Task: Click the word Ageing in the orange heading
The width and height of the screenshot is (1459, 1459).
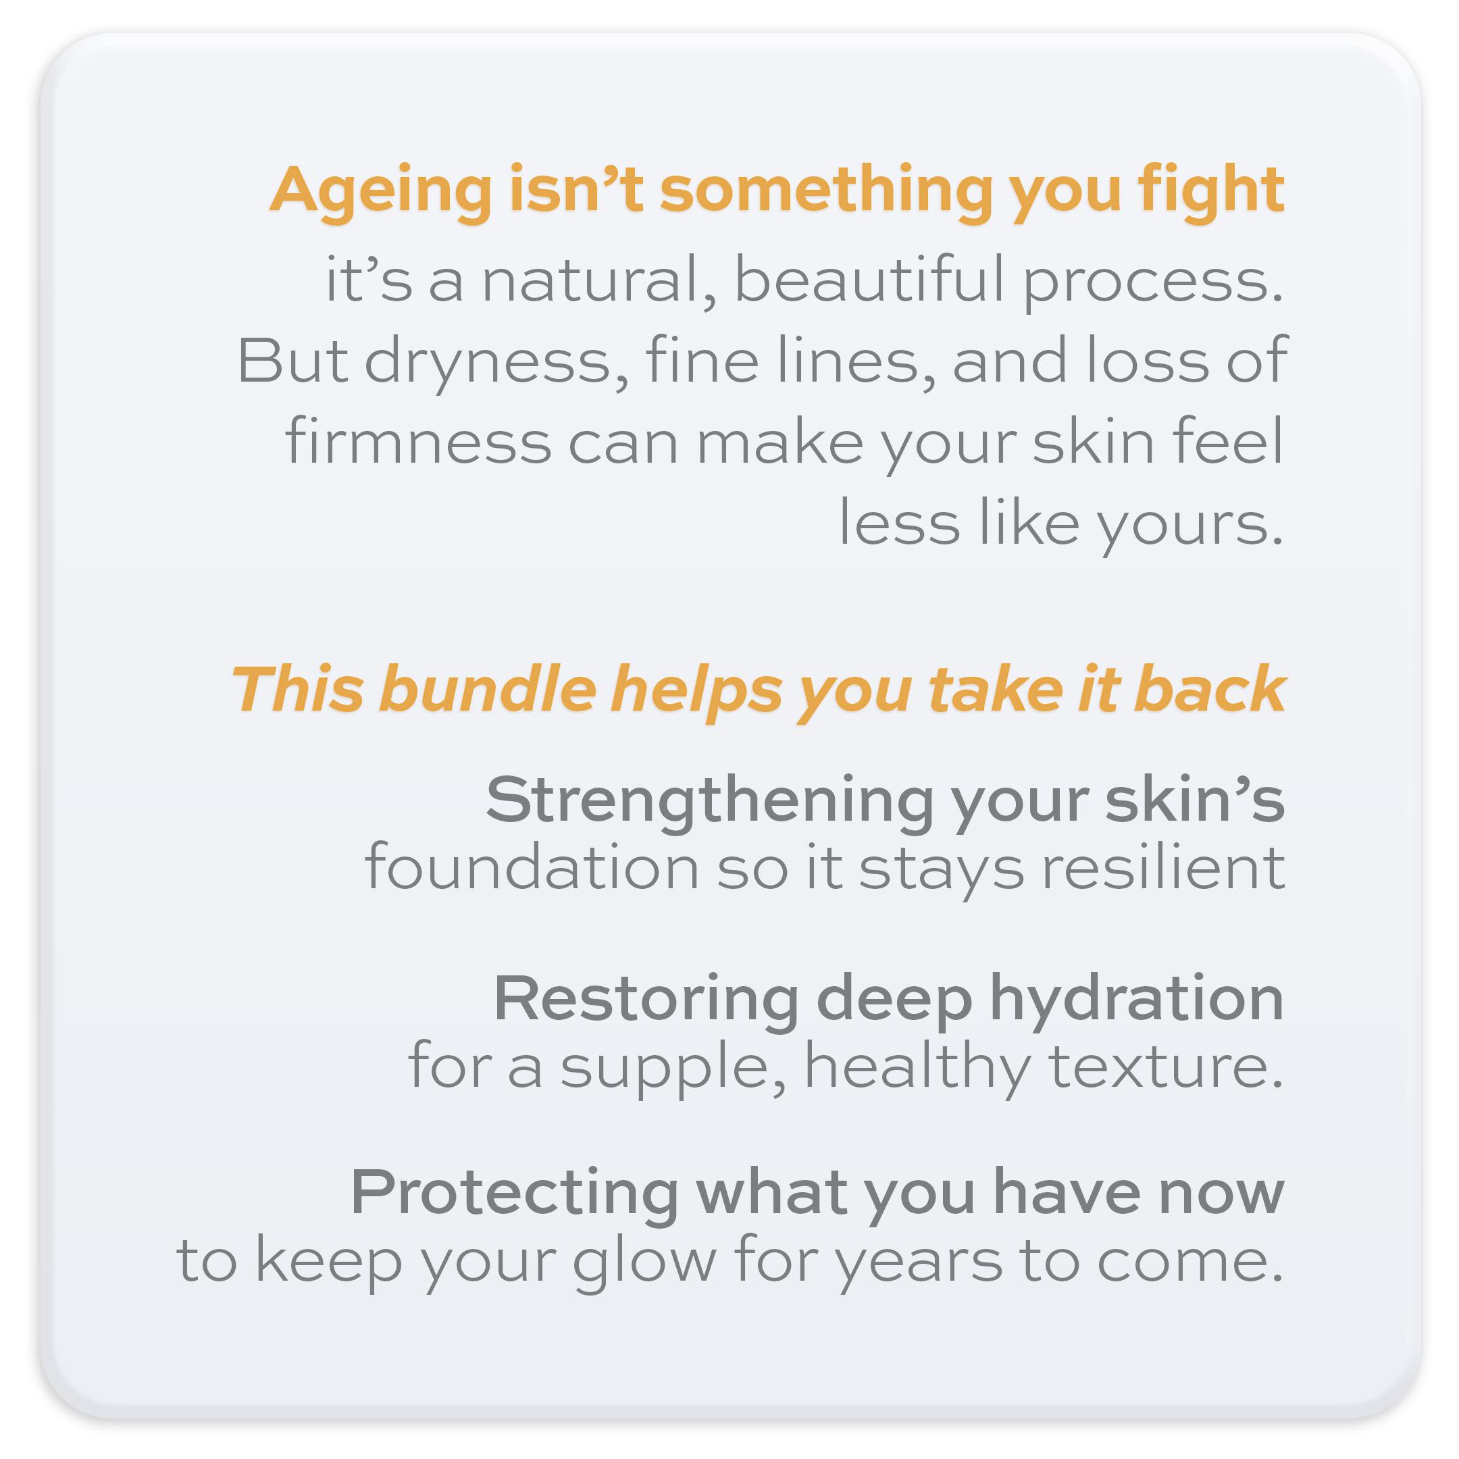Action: click(382, 193)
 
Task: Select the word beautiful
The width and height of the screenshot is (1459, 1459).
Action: click(869, 280)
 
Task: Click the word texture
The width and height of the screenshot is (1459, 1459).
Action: click(1166, 1067)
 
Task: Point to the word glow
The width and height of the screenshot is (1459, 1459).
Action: click(644, 1263)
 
